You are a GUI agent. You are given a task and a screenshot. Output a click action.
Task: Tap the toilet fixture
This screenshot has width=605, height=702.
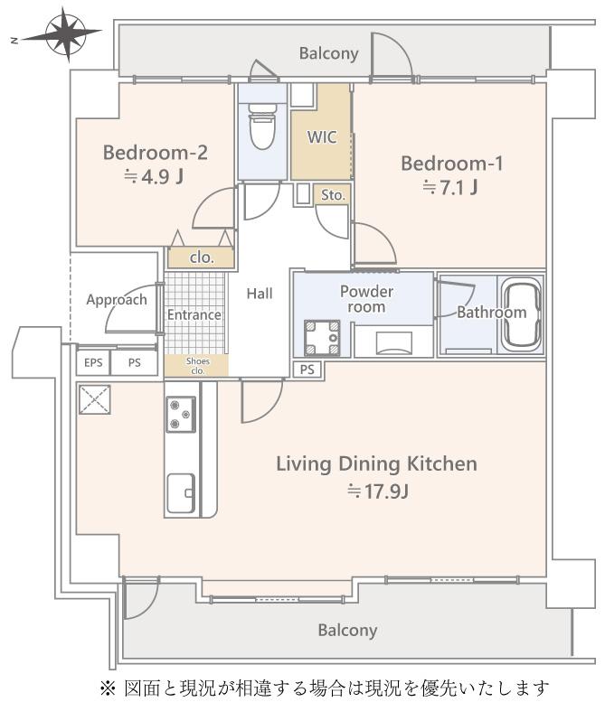point(262,126)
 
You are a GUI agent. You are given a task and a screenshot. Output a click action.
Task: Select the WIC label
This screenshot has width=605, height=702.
point(322,137)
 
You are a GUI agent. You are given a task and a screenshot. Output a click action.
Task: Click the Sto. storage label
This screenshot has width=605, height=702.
point(333,195)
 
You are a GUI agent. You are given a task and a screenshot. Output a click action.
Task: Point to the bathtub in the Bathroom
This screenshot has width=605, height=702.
point(521,314)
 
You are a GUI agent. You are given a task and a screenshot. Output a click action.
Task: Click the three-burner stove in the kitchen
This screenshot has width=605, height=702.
point(181,414)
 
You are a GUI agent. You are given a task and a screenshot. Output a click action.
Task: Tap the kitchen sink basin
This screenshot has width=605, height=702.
point(181,493)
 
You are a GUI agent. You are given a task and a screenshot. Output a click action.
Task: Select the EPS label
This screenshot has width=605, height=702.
point(93,362)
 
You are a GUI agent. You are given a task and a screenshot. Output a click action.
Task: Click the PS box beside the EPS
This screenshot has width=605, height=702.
point(134,362)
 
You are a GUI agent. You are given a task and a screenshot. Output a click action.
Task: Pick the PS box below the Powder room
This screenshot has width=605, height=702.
point(307,370)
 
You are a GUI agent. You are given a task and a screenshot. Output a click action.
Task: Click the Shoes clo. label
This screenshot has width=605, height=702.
point(198,366)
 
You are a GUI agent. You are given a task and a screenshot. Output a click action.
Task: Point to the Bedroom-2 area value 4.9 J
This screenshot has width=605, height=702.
point(154,177)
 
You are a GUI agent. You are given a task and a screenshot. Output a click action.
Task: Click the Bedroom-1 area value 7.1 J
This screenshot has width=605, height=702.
point(450,188)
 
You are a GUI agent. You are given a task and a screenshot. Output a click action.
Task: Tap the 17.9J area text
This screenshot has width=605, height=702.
point(377,491)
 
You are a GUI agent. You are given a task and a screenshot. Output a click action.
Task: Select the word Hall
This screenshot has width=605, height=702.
point(260,294)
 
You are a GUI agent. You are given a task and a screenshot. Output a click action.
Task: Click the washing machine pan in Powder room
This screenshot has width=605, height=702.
point(322,338)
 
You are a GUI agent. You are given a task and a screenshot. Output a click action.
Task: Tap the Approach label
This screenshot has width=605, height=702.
point(117,300)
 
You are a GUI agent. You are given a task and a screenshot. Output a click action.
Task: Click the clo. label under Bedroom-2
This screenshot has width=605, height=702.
point(202,257)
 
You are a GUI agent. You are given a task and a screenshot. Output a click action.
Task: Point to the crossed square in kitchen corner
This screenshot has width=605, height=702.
point(95,399)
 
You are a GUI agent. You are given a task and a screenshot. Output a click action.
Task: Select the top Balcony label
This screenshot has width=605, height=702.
point(329,53)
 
